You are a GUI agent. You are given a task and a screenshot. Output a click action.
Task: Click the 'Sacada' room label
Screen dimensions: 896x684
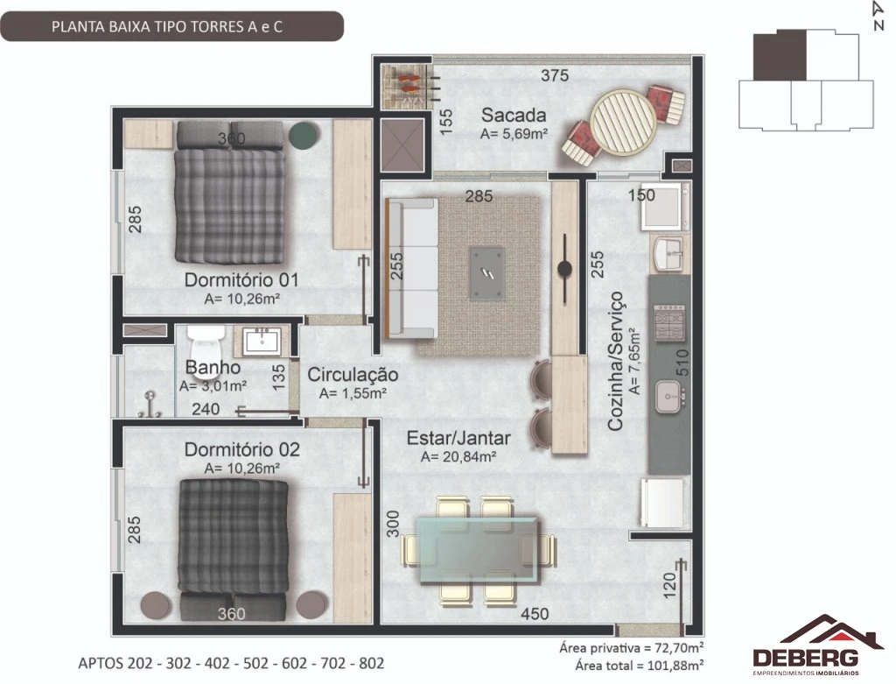point(513,115)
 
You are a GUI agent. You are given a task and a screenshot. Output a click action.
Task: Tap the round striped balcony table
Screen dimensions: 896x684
point(623,120)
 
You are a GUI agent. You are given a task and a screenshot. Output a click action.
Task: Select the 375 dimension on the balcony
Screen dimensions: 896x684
point(554,75)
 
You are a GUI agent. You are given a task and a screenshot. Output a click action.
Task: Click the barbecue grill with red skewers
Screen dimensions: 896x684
point(404,86)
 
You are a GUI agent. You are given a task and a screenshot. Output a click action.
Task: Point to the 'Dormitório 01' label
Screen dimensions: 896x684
point(241,279)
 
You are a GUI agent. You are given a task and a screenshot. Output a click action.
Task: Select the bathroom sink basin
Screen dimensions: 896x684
point(261,342)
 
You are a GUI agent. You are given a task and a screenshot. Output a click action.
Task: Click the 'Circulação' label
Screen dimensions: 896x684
point(353,375)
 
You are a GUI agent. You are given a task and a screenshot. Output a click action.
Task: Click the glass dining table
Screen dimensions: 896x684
point(478,550)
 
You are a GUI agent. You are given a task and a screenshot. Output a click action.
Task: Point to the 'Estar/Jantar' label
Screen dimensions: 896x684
point(458,438)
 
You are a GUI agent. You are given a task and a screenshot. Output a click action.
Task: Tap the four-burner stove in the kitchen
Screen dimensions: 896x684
point(669,323)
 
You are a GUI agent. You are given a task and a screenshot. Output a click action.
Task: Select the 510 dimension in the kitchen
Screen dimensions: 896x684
point(682,363)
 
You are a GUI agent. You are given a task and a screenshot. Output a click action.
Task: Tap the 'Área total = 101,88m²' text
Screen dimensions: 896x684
point(639,665)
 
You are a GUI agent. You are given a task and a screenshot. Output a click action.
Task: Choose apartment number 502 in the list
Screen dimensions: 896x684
point(255,663)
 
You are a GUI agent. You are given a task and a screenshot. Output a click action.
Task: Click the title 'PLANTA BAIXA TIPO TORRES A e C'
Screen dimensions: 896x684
point(167,27)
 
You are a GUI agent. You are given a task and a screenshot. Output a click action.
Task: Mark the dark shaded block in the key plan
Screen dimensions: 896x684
point(780,55)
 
